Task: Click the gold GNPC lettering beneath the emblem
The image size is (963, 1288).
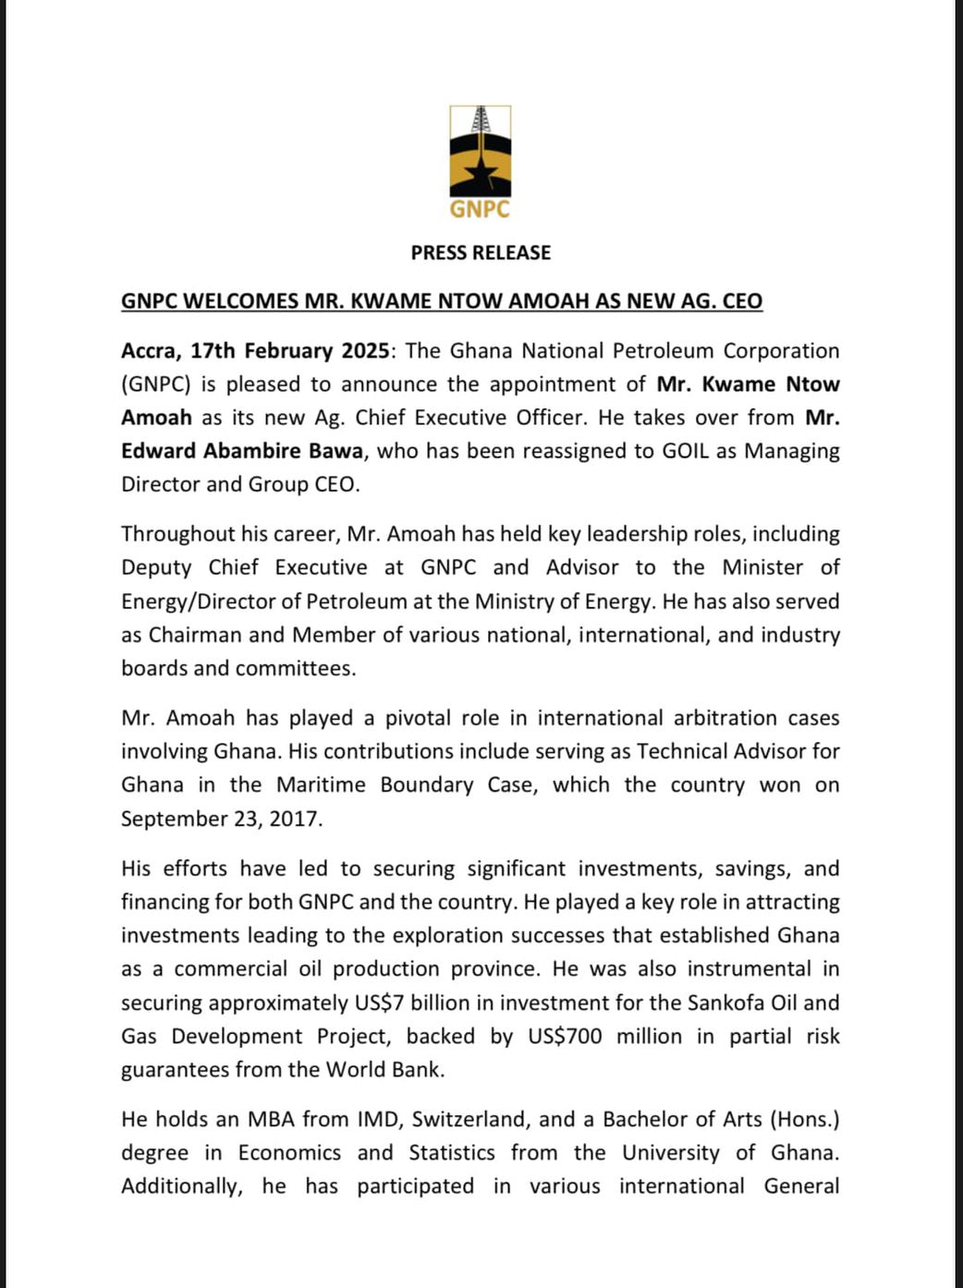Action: (x=480, y=210)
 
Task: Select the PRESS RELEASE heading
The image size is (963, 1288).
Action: (x=481, y=252)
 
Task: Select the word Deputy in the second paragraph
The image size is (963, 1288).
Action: (x=156, y=567)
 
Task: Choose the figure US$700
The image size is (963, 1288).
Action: (x=565, y=1037)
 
